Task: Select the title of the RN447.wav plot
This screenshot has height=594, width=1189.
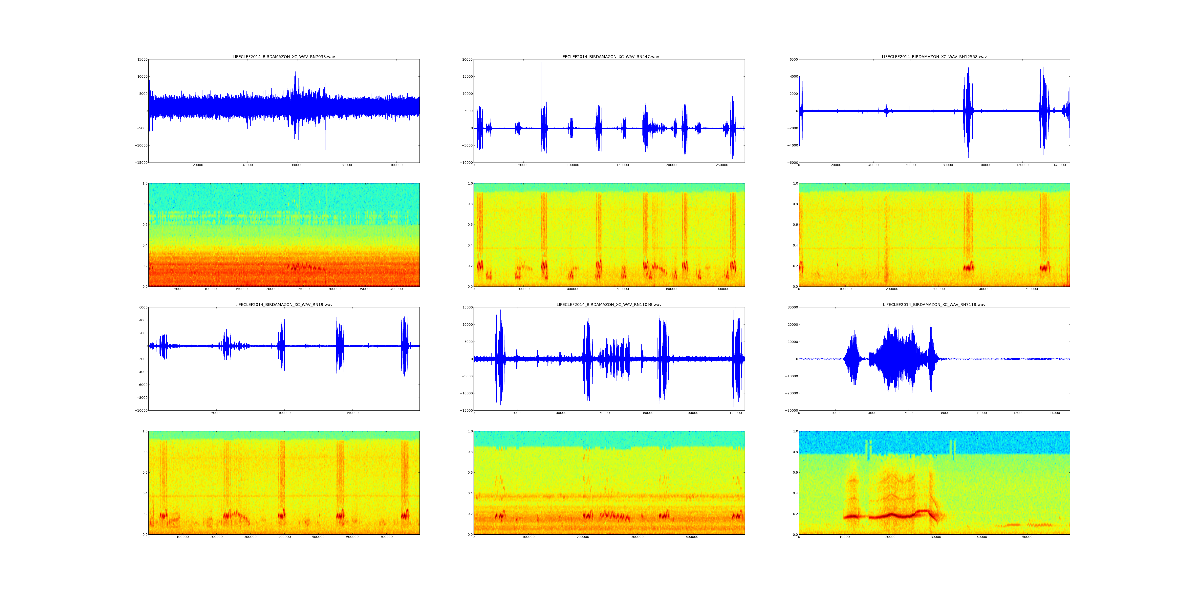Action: click(x=609, y=57)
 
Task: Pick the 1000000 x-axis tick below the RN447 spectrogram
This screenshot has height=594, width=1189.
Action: click(x=722, y=289)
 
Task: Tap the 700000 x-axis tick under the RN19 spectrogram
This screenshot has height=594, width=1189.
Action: click(x=386, y=537)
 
